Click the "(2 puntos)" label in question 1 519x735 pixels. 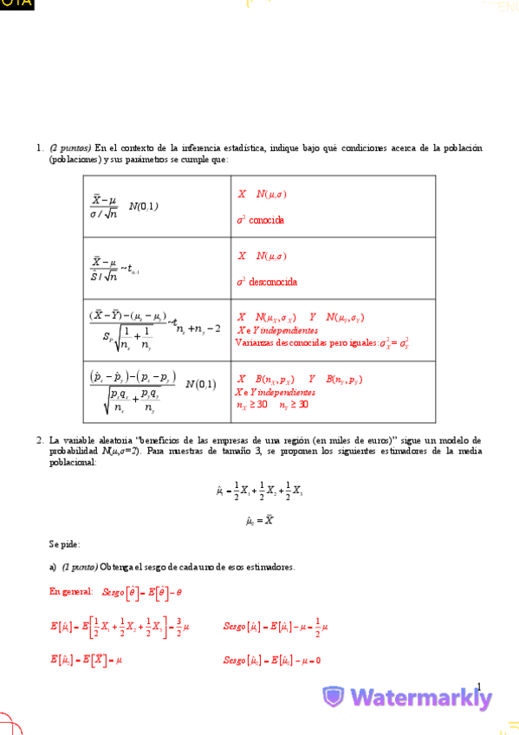click(70, 148)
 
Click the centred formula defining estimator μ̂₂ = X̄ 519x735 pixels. click(260, 521)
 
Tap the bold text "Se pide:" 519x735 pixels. click(64, 544)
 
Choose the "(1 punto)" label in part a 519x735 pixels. click(80, 567)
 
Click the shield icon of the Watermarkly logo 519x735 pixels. click(334, 698)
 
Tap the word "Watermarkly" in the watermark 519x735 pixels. click(421, 698)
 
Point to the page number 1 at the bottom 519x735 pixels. click(478, 685)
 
